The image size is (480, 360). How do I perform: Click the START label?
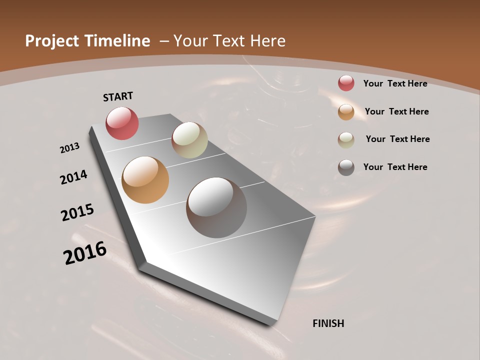click(x=118, y=96)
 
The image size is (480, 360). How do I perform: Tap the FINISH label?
click(x=328, y=323)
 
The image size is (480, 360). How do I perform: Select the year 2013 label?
click(x=69, y=148)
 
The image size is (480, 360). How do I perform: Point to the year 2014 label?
click(x=73, y=177)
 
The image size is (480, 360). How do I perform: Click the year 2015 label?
click(x=77, y=212)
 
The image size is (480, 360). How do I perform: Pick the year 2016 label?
click(x=85, y=253)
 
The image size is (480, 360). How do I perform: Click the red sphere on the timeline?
click(x=122, y=123)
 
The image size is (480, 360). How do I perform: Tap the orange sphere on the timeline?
click(x=145, y=180)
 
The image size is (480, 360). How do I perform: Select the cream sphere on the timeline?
click(x=189, y=140)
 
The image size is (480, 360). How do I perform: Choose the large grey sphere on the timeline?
click(x=216, y=207)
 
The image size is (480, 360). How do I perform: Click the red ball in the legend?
click(x=346, y=83)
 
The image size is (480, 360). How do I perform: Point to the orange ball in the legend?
click(x=346, y=112)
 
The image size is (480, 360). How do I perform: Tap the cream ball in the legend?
click(x=346, y=140)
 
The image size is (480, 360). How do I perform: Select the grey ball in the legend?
click(x=346, y=167)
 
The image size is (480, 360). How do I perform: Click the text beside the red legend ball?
click(x=395, y=83)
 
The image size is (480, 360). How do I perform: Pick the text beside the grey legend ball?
click(x=395, y=167)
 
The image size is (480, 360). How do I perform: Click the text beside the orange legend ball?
click(x=396, y=111)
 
